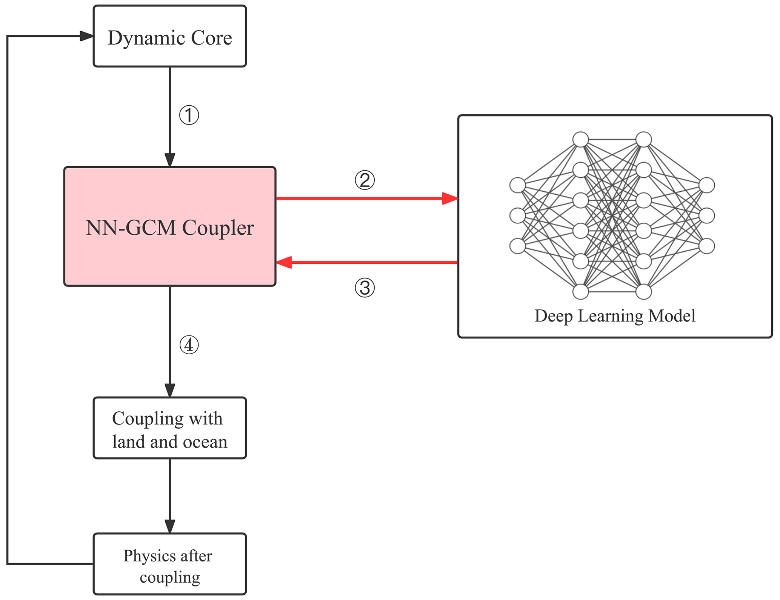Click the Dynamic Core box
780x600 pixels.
click(170, 36)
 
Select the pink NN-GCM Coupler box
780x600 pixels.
click(170, 226)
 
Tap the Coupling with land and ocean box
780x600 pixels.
click(170, 428)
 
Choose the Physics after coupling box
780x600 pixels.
click(170, 564)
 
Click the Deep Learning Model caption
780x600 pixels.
click(615, 316)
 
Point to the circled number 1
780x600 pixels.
click(189, 115)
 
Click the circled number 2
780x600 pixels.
click(365, 180)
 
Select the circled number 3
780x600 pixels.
click(365, 288)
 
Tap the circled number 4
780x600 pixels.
click(189, 345)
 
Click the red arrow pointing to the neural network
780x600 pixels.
click(366, 198)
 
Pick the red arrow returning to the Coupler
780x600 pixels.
click(366, 262)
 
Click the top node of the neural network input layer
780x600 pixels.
click(517, 185)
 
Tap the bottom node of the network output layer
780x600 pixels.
click(707, 246)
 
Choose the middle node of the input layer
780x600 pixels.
click(517, 216)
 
